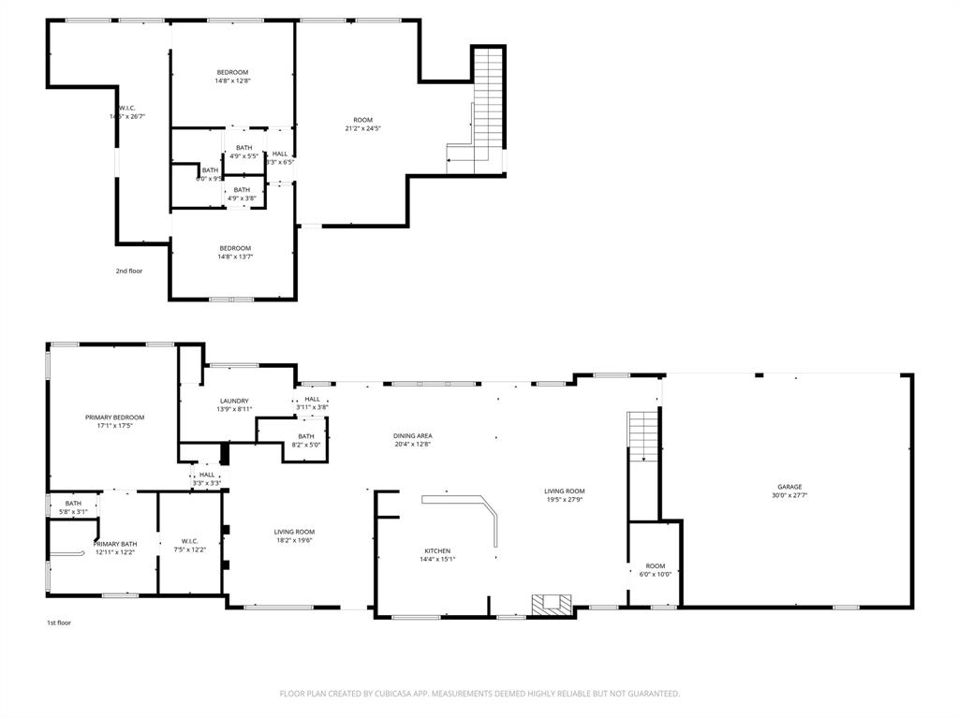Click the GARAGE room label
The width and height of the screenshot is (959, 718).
789,487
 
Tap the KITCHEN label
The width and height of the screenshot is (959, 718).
437,550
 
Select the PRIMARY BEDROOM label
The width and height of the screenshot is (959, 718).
115,417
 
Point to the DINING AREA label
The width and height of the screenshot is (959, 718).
412,435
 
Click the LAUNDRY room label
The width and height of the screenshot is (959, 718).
234,400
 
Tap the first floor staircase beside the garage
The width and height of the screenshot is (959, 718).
642,435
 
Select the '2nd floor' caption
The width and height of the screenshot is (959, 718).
129,271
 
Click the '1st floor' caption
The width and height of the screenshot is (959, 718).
59,623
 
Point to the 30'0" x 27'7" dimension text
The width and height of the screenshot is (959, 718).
789,496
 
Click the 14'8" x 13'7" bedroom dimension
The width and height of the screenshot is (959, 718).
236,256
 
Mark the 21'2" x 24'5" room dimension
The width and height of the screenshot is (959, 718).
363,128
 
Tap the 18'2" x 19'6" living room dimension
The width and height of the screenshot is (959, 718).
294,540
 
